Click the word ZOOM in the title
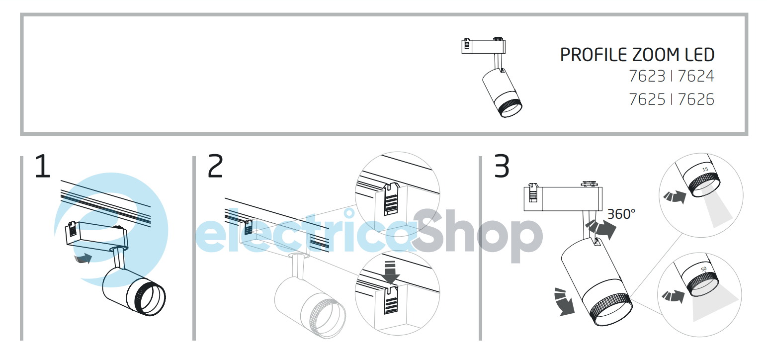[655, 55]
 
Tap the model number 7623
[647, 77]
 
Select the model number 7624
[696, 77]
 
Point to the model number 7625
[647, 99]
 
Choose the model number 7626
[696, 99]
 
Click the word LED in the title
[699, 55]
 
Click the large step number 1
[43, 166]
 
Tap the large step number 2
[215, 166]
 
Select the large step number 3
[502, 166]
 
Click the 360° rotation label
[621, 214]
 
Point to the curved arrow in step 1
[83, 258]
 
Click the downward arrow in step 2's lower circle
[390, 272]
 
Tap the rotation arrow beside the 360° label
[601, 229]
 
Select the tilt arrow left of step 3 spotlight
[563, 301]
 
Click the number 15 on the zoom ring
[705, 170]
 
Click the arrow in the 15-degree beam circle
[675, 197]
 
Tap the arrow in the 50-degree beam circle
[673, 296]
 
